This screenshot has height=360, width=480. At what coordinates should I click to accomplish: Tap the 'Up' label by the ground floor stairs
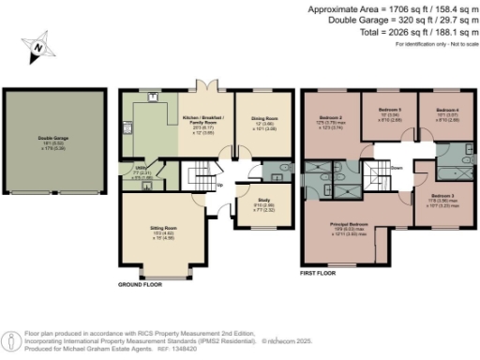(220, 185)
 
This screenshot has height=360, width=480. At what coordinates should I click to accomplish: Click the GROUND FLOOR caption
(142, 284)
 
